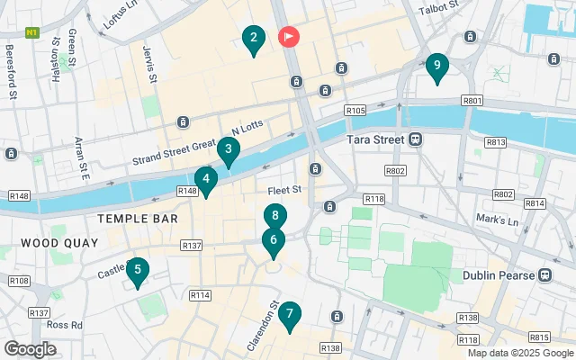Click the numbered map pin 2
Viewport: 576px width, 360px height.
253,39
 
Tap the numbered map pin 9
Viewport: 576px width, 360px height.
436,66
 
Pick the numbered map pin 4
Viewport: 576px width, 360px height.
206,180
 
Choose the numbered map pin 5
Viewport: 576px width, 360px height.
137,270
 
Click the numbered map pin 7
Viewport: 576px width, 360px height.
274,241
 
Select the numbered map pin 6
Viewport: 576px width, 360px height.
275,217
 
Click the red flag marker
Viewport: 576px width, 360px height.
289,37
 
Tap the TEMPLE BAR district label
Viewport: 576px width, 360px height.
138,219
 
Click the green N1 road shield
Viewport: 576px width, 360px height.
32,31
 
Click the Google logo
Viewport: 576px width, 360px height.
30,349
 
